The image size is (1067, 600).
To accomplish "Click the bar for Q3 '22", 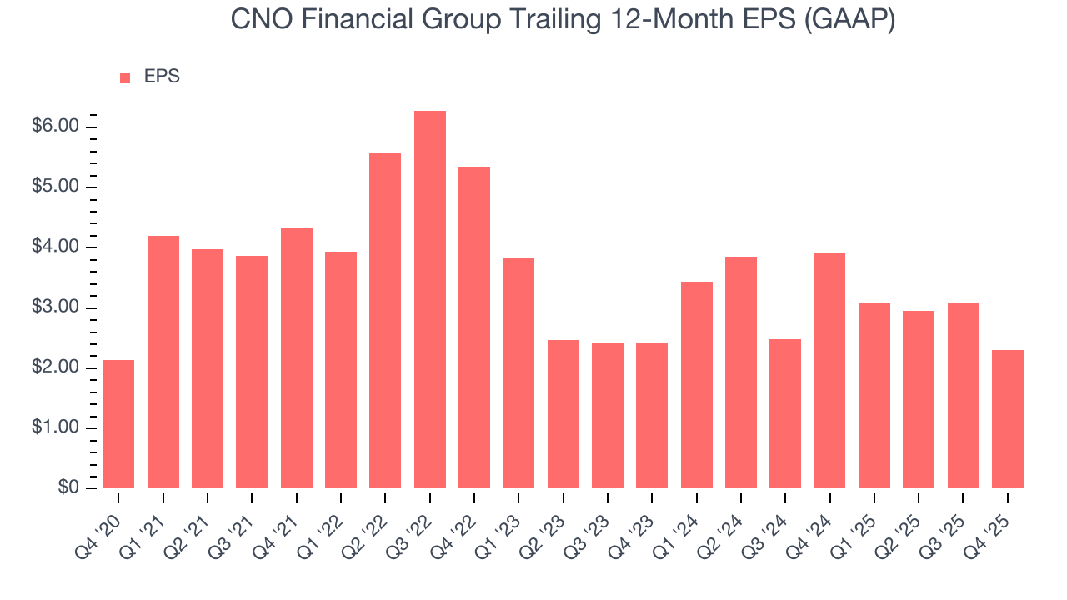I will [x=429, y=300].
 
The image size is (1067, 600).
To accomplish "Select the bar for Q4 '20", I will [x=118, y=424].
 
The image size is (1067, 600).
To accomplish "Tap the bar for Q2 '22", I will [x=385, y=321].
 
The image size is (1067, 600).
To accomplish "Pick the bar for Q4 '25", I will [x=1007, y=419].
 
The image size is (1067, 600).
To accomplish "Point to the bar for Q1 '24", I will [x=696, y=385].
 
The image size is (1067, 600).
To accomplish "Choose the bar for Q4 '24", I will [x=829, y=371].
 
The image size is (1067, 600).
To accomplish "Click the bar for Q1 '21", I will [x=163, y=362].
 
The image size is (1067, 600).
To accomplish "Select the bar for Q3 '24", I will [x=785, y=414].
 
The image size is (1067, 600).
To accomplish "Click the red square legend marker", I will [x=125, y=77].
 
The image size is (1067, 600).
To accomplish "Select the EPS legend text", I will [x=162, y=77].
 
